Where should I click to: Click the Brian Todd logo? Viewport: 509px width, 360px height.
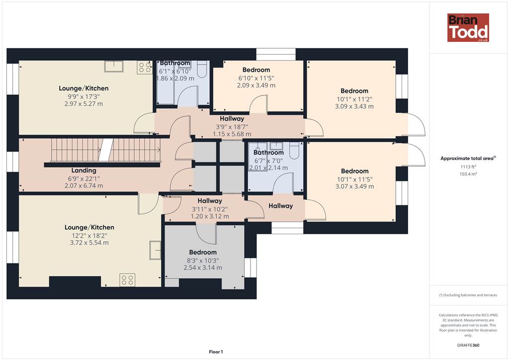[x=468, y=27]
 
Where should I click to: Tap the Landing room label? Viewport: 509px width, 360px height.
[x=84, y=171]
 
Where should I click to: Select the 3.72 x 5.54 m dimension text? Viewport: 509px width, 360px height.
[x=89, y=243]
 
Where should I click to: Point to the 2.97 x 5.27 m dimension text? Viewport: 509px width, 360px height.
[x=84, y=104]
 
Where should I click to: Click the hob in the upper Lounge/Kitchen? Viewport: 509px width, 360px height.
[x=145, y=67]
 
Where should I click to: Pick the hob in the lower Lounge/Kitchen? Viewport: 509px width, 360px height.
[x=127, y=280]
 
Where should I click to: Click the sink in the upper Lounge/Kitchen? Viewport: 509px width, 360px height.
[x=114, y=66]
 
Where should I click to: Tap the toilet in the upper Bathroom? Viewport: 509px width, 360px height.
[x=202, y=69]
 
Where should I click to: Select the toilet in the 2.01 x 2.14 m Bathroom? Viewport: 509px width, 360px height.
[x=294, y=151]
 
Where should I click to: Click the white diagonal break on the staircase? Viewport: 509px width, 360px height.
[x=106, y=150]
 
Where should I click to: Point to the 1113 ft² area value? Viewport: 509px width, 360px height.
[x=468, y=167]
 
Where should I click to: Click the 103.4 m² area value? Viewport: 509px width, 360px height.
[x=468, y=174]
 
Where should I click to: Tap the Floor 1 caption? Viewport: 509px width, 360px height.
[x=216, y=352]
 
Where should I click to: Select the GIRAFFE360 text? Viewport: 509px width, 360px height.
[x=468, y=345]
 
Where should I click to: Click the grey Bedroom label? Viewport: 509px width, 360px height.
[x=203, y=252]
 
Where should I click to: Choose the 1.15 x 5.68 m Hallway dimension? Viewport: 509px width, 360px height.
[x=232, y=134]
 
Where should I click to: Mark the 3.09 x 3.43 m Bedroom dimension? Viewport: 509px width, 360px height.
[x=354, y=106]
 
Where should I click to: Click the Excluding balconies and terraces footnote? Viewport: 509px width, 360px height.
[x=468, y=295]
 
